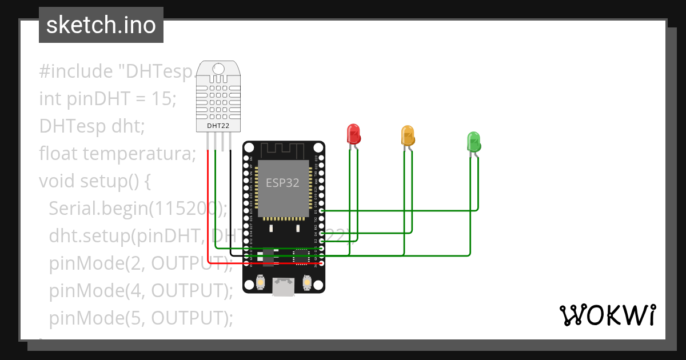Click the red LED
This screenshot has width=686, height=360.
(x=354, y=135)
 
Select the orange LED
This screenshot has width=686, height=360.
(x=408, y=135)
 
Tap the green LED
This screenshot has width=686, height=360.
(x=474, y=141)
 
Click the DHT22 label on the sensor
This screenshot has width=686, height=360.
(x=217, y=125)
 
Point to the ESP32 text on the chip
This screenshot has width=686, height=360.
(x=282, y=183)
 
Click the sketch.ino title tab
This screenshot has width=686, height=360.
(x=101, y=25)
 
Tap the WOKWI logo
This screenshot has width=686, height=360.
(x=607, y=315)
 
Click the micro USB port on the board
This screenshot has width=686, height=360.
(x=284, y=287)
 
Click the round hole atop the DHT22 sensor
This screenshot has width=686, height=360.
(x=218, y=69)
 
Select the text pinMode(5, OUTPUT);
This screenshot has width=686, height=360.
(x=141, y=318)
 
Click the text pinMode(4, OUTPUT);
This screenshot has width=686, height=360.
(x=141, y=291)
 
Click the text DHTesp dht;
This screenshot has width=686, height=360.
(x=92, y=126)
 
